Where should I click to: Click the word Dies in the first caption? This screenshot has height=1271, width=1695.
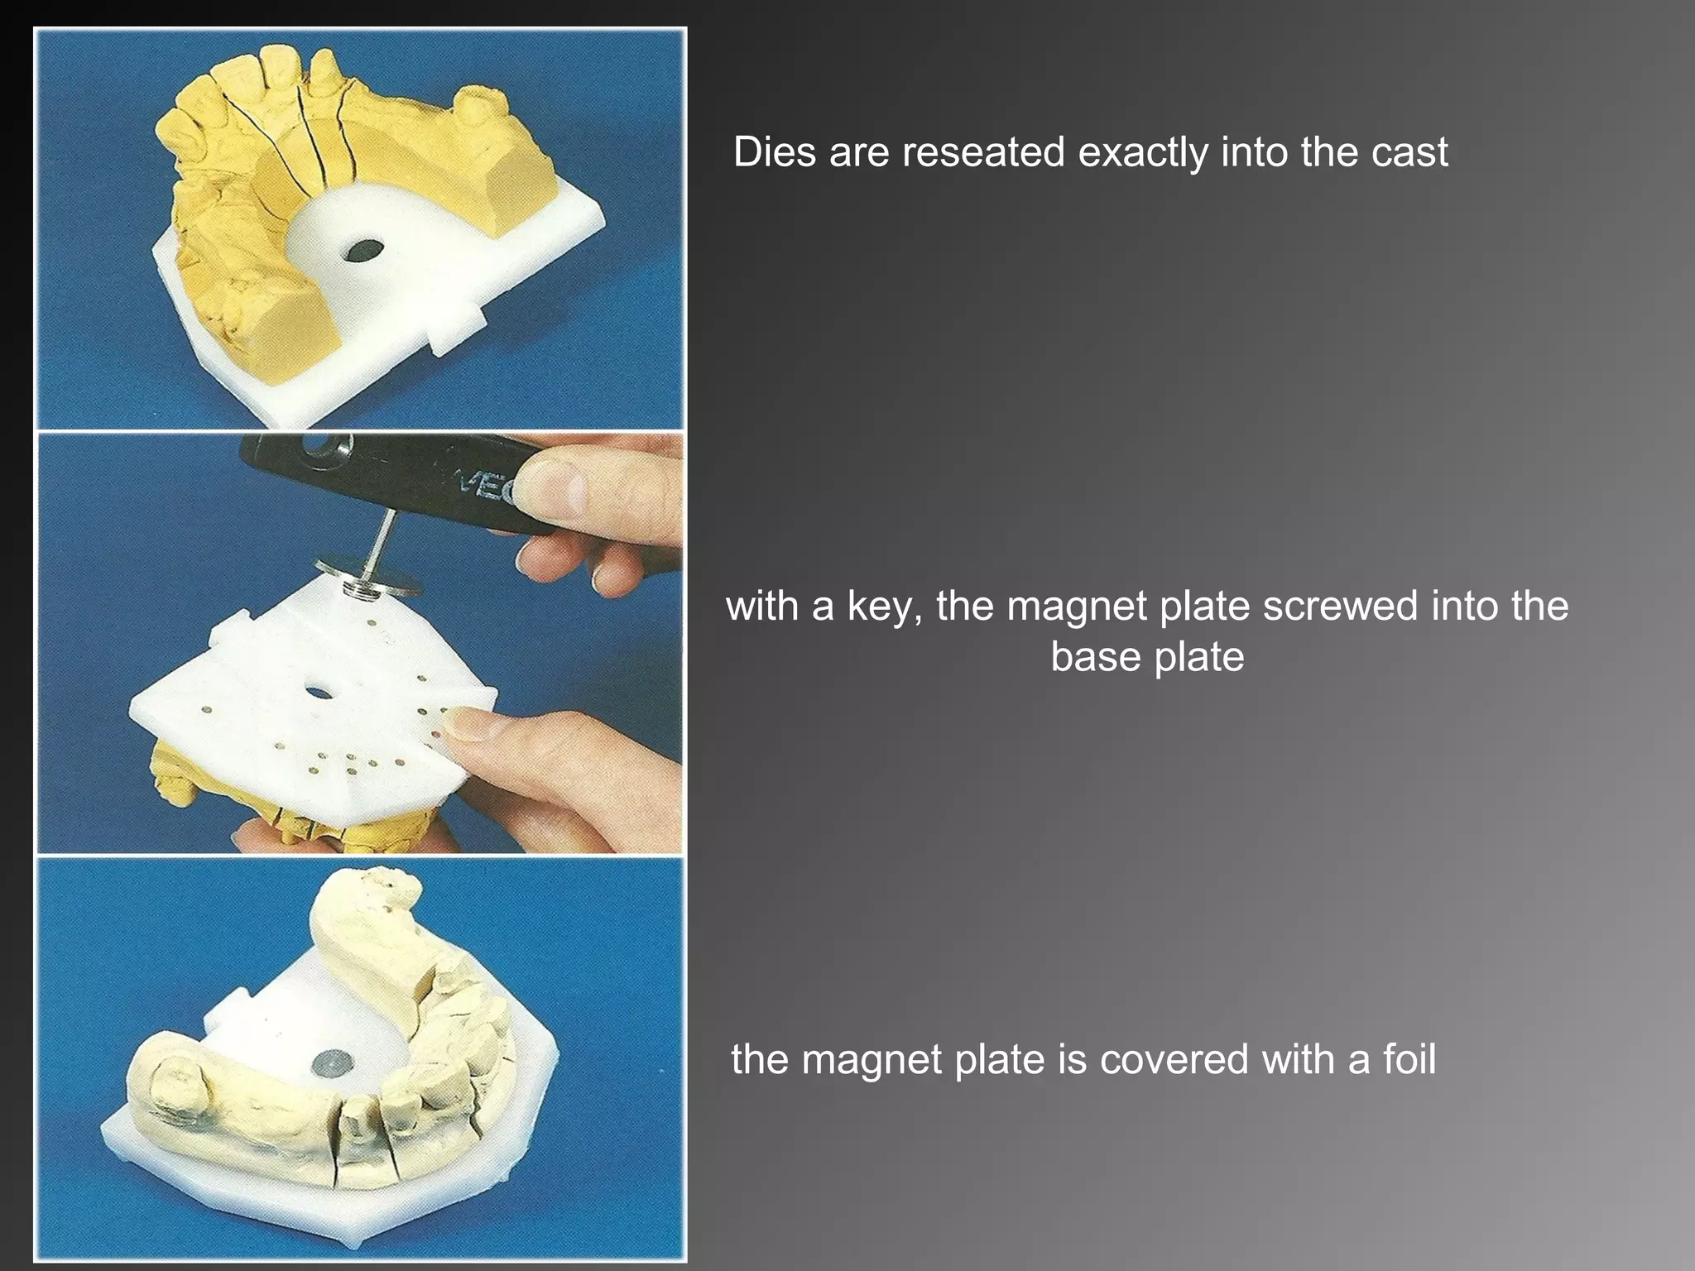point(775,152)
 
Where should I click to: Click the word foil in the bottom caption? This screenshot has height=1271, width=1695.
point(1409,1059)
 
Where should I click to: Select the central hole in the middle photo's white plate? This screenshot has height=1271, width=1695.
point(318,692)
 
